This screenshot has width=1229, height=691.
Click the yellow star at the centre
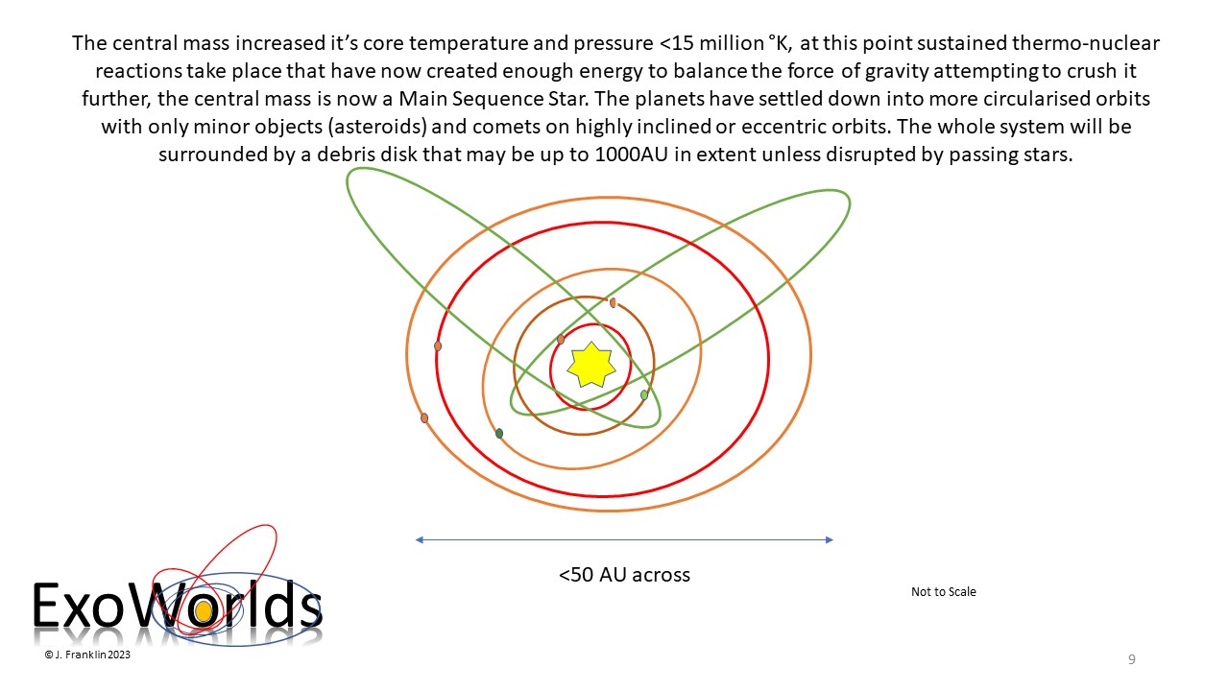coord(590,365)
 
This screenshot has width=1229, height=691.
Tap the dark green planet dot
coord(499,434)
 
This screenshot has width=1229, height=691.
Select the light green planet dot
coord(644,394)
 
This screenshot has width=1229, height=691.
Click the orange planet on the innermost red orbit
coord(560,340)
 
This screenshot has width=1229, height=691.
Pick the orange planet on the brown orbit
coord(613,302)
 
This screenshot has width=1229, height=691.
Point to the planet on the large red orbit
coord(438,346)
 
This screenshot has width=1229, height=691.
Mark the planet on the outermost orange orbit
coord(424,417)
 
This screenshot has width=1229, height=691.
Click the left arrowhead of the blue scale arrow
coord(420,540)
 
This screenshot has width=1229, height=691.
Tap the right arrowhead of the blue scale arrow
coord(830,540)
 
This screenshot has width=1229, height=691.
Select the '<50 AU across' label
coord(624,575)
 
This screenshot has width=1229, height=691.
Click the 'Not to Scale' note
coord(944,592)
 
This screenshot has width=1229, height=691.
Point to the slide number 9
coord(1132,659)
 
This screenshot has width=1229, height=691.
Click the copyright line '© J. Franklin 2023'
coord(87,655)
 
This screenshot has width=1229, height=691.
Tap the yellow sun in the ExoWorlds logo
coord(204,611)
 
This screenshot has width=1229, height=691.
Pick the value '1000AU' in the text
coord(631,155)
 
